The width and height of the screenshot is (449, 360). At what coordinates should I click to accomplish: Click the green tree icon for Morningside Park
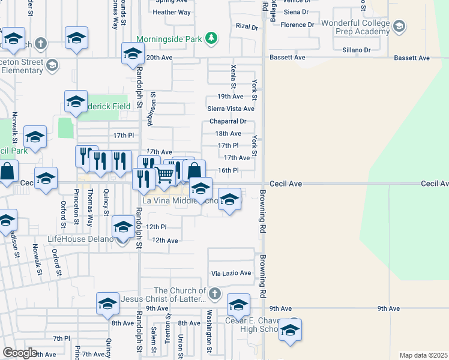[211, 39]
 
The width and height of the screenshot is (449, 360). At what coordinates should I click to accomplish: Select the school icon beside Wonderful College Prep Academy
[399, 26]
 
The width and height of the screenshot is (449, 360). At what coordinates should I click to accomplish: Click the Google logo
[20, 353]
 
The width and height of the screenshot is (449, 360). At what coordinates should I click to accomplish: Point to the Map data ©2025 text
[423, 355]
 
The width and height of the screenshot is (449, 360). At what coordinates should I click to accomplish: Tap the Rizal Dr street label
[246, 27]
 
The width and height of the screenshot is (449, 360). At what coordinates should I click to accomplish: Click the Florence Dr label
[297, 25]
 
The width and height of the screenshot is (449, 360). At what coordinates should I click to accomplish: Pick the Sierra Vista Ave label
[231, 109]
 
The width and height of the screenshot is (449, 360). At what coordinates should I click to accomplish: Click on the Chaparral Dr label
[229, 121]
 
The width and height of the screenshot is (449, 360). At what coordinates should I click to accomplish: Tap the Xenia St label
[232, 76]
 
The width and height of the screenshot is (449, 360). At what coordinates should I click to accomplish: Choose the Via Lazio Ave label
[231, 273]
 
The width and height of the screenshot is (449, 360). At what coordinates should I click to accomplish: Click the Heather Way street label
[172, 12]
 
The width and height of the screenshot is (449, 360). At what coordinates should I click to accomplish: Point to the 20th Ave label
[159, 58]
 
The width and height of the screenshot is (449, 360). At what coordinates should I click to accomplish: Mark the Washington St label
[209, 338]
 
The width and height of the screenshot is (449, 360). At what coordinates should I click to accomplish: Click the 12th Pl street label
[155, 227]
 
